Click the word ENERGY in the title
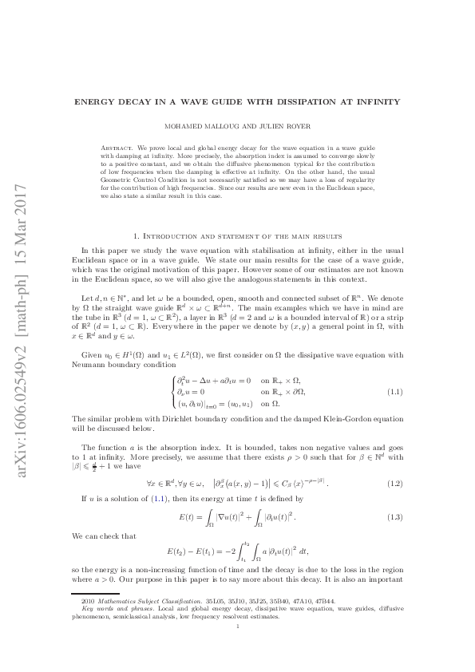(x=96, y=102)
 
